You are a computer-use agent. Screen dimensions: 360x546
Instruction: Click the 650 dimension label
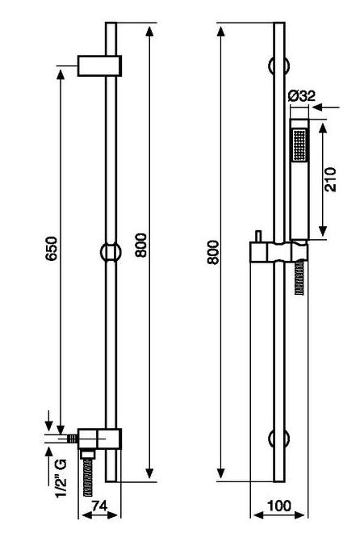tap(52, 249)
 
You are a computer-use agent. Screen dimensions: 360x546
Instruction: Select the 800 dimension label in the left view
tap(141, 246)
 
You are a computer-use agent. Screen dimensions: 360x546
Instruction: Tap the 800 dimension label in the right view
tap(213, 252)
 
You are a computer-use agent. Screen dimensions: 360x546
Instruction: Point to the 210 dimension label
tap(331, 179)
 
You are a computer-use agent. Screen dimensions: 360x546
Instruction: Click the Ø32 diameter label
tap(302, 96)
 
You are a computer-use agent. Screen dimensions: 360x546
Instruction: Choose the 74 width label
tap(99, 506)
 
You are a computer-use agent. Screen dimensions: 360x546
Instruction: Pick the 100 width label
tap(279, 506)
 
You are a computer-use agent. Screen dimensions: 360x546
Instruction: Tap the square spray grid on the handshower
tap(299, 145)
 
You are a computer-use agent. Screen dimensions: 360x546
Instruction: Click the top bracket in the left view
tap(99, 65)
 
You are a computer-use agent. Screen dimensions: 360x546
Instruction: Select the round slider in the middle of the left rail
tap(111, 251)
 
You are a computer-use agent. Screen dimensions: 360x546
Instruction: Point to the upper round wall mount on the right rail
tap(279, 65)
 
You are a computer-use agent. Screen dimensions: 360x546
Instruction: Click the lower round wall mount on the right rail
tap(279, 439)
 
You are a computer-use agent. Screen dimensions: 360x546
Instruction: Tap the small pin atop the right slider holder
tap(258, 236)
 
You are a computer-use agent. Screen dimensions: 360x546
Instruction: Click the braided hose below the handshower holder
tap(299, 279)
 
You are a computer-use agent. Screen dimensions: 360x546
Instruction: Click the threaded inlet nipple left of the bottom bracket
tap(73, 439)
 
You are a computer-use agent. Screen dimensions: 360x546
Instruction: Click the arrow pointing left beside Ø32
tap(325, 107)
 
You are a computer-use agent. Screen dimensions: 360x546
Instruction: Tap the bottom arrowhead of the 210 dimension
tap(324, 231)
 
